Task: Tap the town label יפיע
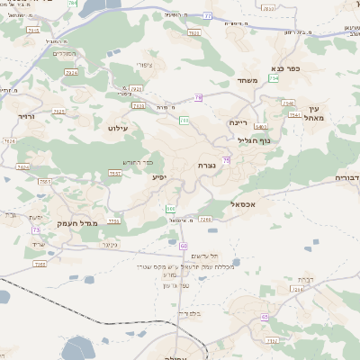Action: pos(158,177)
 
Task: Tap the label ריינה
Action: pos(238,121)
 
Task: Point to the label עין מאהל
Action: pos(311,112)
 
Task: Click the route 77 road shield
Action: pos(207,15)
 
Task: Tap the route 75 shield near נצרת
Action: pos(227,159)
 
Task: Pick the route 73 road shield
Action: pos(35,229)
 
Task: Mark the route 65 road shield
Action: pos(265,317)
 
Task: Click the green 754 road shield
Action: pos(274,79)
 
